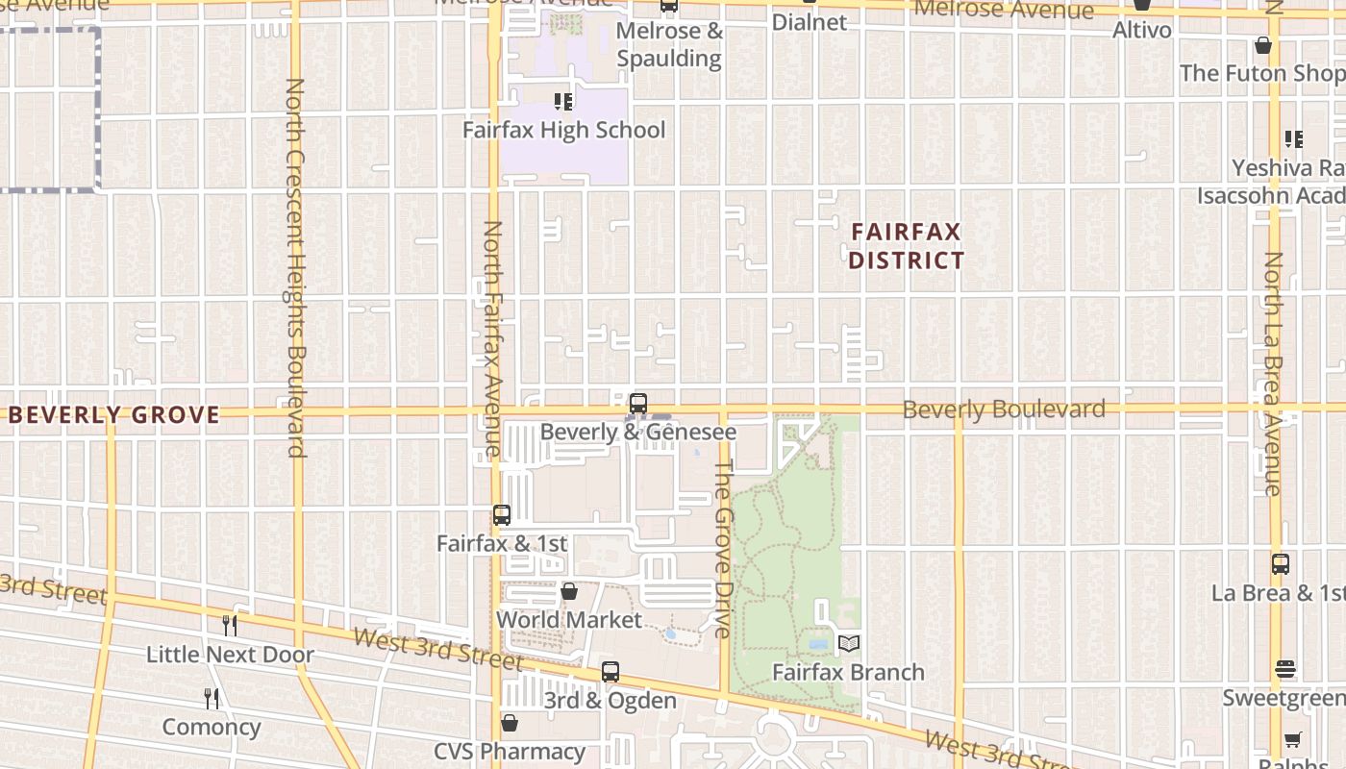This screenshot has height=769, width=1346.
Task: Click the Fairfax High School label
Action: point(563,130)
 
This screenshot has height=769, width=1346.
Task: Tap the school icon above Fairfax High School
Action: point(563,101)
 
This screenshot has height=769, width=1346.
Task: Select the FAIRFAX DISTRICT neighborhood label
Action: point(906,246)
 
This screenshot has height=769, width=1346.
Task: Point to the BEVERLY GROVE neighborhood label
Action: point(114,415)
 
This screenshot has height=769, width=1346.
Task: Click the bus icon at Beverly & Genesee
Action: point(637,404)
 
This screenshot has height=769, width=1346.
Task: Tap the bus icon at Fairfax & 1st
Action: point(502,515)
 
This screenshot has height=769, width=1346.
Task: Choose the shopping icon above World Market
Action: point(569,591)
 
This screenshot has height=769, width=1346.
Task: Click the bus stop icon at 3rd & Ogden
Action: point(611,672)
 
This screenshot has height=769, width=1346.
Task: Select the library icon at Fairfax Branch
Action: point(849,644)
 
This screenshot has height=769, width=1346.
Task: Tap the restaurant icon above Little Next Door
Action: point(230,626)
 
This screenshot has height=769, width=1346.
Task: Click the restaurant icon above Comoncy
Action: point(212,699)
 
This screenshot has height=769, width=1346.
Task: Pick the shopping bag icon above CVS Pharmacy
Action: point(510,723)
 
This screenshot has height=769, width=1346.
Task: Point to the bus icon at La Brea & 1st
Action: point(1281,564)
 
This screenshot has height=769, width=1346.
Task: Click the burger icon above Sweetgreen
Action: point(1286,669)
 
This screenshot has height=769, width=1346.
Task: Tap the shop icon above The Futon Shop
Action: point(1263,45)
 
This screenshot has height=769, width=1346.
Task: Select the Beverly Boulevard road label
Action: point(1004,409)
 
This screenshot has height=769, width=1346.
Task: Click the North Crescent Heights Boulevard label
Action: point(295,267)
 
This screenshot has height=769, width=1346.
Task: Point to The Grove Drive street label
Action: point(724,548)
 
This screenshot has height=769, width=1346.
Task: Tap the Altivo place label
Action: point(1142,30)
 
